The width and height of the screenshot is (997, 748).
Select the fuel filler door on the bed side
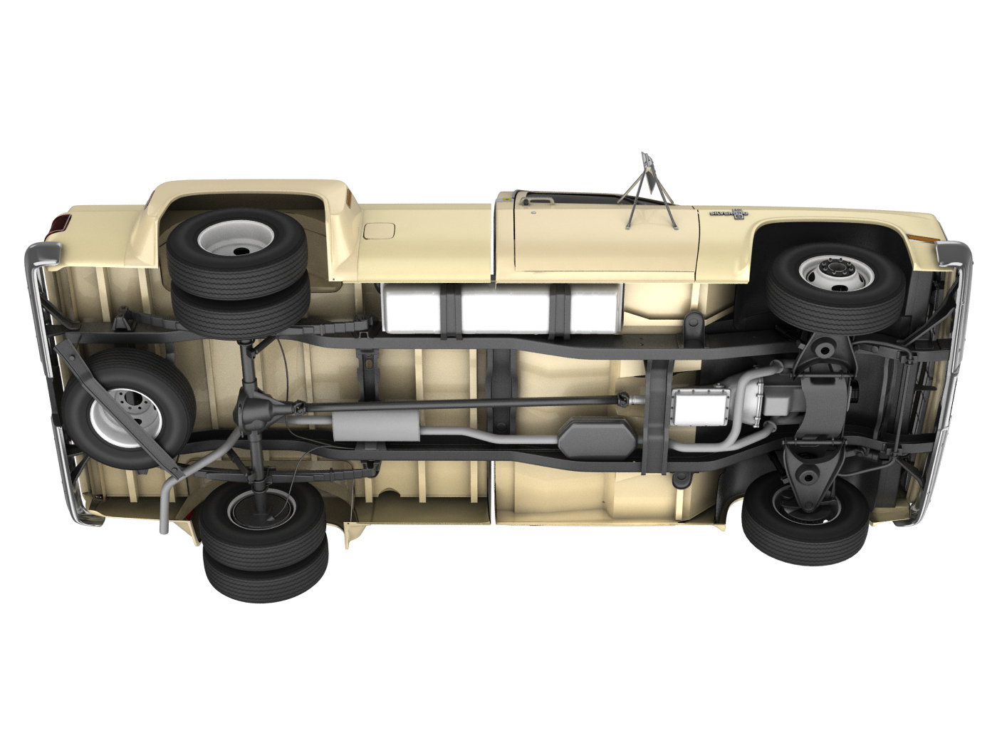click(379, 230)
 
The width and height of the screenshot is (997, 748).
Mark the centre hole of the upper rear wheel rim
click(236, 249)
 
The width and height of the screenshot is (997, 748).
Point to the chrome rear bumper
click(53, 378)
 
